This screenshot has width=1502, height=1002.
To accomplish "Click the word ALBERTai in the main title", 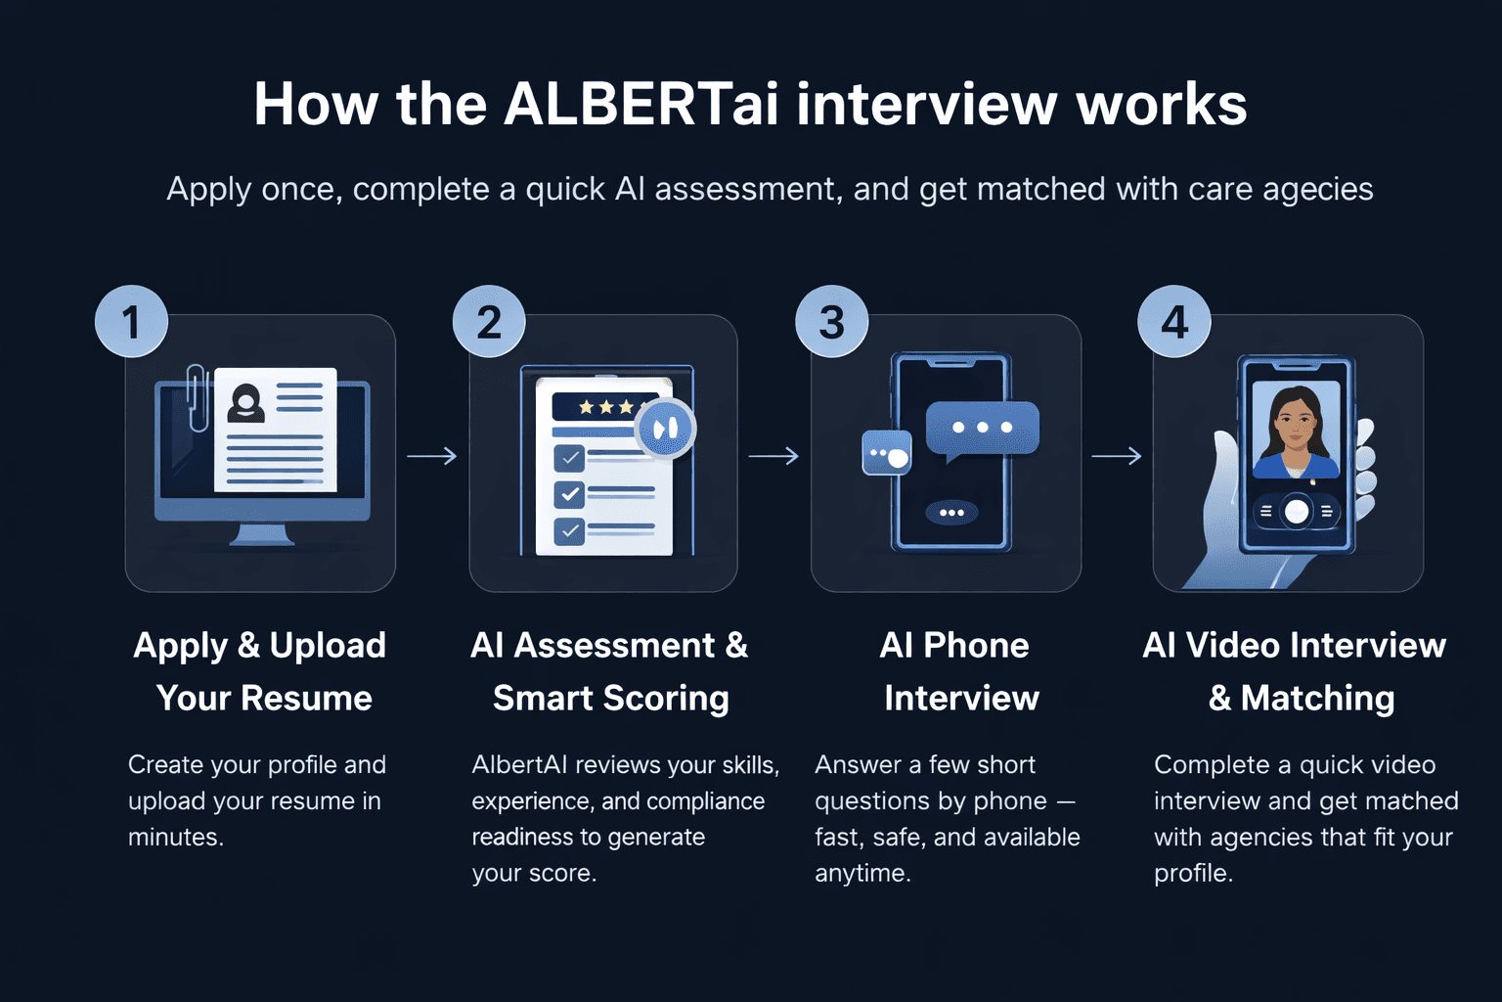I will click(641, 104).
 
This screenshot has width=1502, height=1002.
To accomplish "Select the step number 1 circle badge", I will click(131, 321).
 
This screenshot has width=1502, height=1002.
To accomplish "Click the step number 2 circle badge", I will click(489, 321).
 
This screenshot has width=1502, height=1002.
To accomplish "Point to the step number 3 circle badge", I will click(831, 321).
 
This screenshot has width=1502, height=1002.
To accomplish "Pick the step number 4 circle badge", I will click(1173, 321).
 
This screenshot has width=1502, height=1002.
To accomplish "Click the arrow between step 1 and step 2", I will click(431, 456).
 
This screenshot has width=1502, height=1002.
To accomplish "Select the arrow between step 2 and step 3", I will click(773, 456).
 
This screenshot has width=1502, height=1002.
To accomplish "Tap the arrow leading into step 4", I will click(1116, 456).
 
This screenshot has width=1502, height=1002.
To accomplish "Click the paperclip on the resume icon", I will click(197, 396).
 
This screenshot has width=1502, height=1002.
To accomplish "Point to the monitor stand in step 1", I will click(261, 534).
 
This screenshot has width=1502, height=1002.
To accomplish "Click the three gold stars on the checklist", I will click(605, 406).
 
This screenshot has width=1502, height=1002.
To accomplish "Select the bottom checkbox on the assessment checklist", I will click(569, 530).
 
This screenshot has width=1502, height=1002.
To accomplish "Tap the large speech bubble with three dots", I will click(982, 429).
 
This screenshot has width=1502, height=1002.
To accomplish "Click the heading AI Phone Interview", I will click(956, 671).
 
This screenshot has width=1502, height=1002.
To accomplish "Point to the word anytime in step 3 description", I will click(861, 873).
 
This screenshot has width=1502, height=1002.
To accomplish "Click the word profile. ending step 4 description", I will click(1192, 873).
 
